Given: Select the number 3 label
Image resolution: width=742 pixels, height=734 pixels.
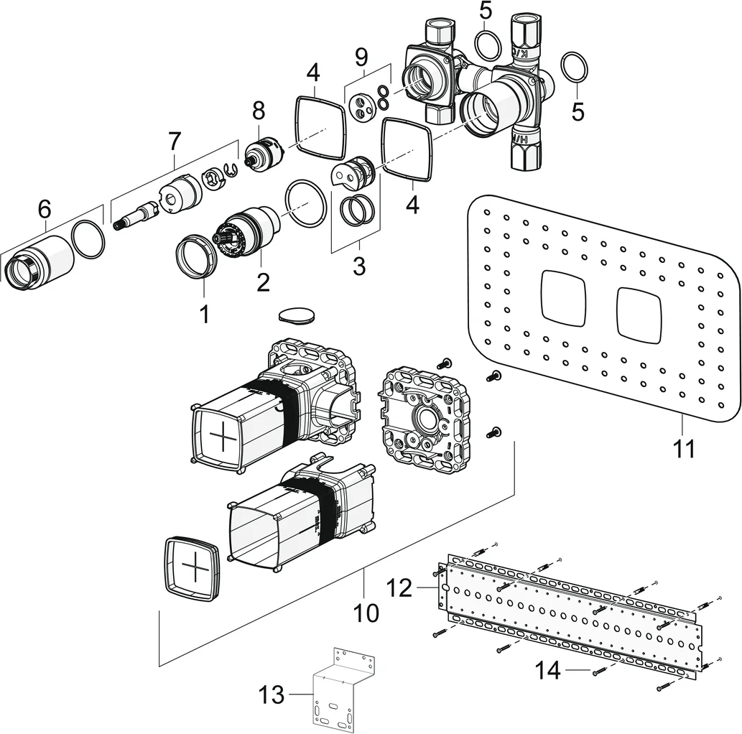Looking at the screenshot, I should click(x=359, y=265).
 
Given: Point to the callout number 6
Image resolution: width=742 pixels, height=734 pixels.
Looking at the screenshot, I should click(x=45, y=209).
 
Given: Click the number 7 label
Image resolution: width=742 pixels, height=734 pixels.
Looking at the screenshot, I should click(x=175, y=141).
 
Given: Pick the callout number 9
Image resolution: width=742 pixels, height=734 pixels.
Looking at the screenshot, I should click(x=361, y=56).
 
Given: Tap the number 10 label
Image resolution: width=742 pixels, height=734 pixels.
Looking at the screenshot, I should click(x=366, y=613).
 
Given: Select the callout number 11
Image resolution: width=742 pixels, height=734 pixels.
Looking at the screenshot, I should click(x=684, y=448).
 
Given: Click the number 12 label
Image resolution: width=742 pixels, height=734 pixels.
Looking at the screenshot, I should click(x=400, y=589).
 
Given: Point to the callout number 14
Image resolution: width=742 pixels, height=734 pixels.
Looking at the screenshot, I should click(x=548, y=671).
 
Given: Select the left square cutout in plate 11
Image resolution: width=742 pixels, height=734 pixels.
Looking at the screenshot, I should click(x=565, y=295).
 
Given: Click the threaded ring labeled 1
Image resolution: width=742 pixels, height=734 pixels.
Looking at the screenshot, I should click(x=196, y=255).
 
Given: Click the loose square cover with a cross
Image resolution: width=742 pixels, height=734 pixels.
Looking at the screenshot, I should click(x=193, y=567).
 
